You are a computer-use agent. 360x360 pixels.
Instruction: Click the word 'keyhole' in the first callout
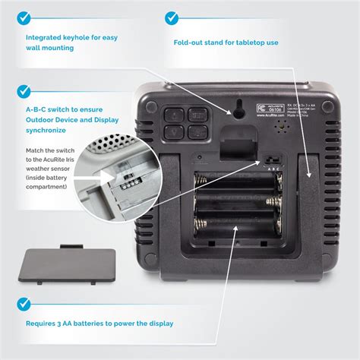point(90,36)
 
